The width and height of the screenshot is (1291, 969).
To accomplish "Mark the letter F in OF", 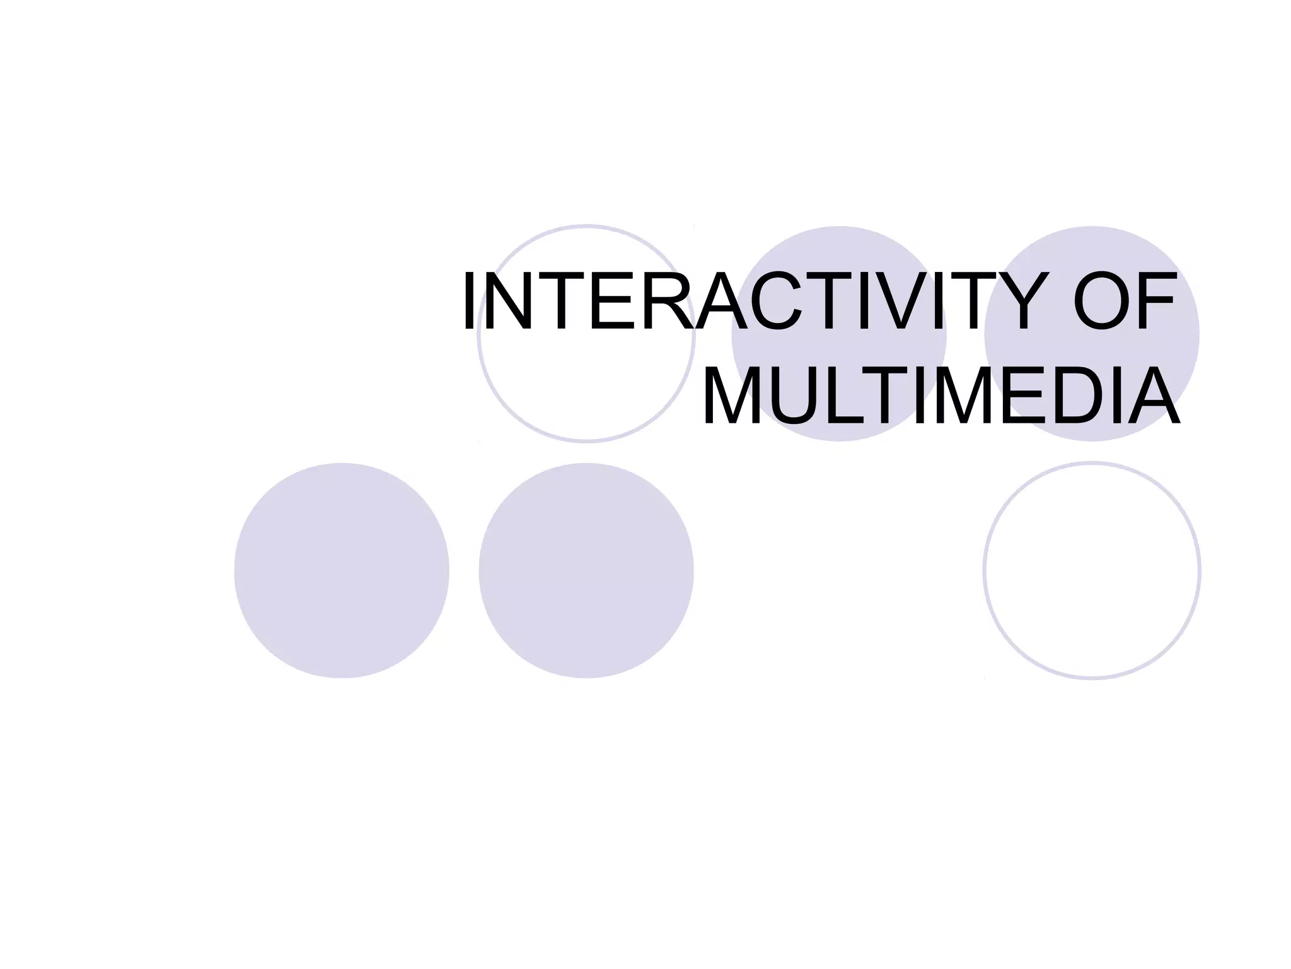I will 1157,302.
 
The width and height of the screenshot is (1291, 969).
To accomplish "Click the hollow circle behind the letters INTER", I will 586,391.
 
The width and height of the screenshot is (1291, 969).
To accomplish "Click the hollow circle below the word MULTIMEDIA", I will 1092,571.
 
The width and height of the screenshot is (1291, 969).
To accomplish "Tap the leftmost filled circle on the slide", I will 342,571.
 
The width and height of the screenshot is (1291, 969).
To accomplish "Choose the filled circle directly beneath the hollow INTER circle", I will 586,571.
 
